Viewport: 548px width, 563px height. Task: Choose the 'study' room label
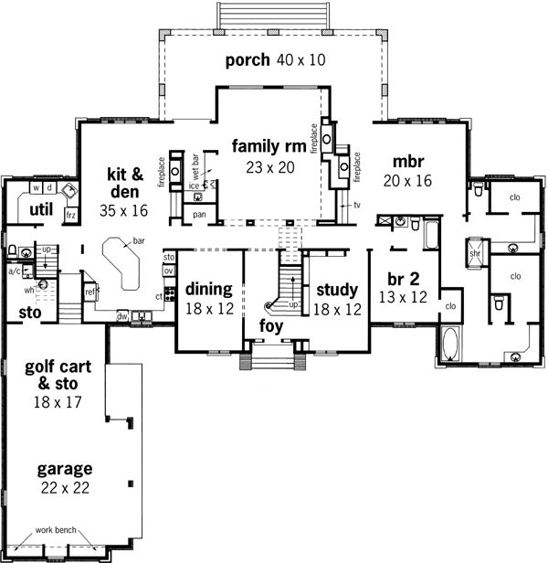336,290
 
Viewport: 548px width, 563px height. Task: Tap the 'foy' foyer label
270,325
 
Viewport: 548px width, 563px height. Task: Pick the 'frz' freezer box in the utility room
70,215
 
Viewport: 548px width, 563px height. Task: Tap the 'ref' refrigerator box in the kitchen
90,292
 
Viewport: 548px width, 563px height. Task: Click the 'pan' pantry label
199,215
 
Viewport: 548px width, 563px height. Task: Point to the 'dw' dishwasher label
122,317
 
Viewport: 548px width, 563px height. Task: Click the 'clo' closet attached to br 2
450,306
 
